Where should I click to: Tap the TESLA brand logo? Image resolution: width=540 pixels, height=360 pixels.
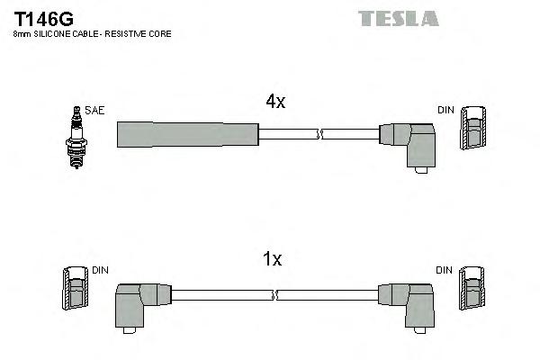(x=399, y=17)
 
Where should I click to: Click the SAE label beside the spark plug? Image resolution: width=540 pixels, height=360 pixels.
(x=96, y=111)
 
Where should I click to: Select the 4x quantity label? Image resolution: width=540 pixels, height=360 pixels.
(x=275, y=103)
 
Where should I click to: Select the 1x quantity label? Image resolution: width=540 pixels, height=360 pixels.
(x=272, y=259)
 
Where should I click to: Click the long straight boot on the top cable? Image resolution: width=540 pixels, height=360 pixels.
(x=187, y=135)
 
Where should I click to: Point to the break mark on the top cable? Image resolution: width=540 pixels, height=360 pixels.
(x=318, y=135)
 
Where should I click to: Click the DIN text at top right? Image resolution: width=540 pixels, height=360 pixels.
(x=446, y=111)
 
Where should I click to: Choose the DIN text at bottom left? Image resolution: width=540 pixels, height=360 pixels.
(x=100, y=269)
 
